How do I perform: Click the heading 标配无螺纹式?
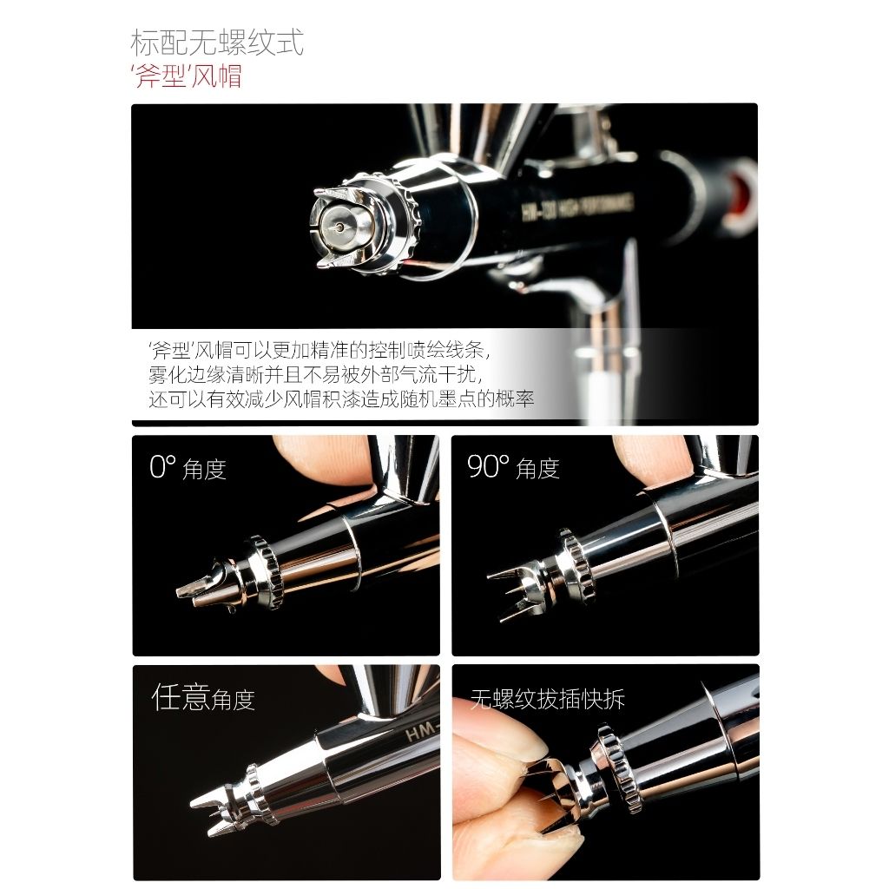point(217,42)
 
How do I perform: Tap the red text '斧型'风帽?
point(187,76)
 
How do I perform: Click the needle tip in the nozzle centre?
point(339,227)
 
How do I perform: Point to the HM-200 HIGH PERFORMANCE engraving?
point(577,207)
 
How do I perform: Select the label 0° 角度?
point(188,468)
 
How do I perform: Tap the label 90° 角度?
point(513,467)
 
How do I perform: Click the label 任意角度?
point(203,697)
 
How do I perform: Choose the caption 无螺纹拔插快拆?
point(547,699)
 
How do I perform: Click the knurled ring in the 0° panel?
point(266,572)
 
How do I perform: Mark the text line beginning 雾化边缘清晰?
point(316,375)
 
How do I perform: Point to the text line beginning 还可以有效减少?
point(341,399)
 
